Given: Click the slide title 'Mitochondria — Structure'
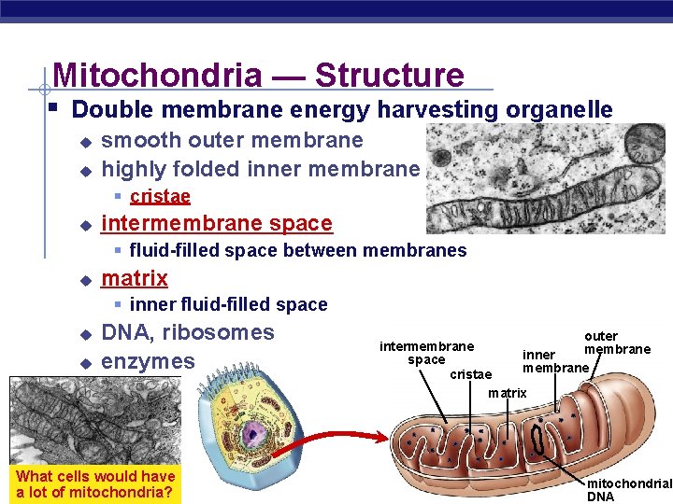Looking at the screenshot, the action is [258, 75].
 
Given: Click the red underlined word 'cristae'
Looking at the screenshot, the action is [160, 196].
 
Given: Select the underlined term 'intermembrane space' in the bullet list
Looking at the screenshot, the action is [216, 223].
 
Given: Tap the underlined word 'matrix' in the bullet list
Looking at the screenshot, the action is [135, 278].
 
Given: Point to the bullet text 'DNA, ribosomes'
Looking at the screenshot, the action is [187, 332].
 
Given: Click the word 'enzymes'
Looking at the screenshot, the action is [148, 361].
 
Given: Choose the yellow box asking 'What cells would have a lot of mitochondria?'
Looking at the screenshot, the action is [95, 483].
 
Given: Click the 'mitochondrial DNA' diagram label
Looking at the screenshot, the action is [627, 490].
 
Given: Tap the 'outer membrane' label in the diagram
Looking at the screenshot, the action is [612, 343].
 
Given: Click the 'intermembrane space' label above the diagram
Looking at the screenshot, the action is [426, 353].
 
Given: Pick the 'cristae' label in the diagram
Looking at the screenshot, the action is [470, 374].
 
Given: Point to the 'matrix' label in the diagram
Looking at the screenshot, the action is [508, 393].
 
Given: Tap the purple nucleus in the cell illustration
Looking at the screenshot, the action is [251, 434].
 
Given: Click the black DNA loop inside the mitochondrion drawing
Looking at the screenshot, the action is [539, 436].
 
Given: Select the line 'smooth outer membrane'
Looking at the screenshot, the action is [232, 141].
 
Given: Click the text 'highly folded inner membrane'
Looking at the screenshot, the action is [260, 169].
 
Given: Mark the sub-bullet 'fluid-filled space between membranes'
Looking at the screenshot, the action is [297, 250].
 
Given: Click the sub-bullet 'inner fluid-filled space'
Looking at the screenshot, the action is [228, 304].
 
